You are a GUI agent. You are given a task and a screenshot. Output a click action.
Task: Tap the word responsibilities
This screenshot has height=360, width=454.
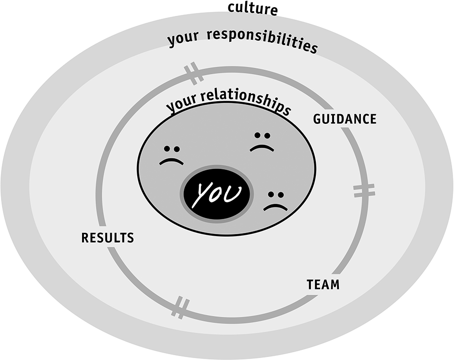(x=263, y=41)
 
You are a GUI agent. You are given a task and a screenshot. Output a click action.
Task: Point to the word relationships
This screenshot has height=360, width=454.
(x=245, y=102)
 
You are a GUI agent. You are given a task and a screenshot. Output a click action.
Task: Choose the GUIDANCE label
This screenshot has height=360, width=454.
(x=345, y=119)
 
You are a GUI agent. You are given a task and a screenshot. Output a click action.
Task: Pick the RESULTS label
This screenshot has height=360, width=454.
(x=108, y=238)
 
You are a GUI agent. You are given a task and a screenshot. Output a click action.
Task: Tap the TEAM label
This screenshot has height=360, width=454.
(x=323, y=285)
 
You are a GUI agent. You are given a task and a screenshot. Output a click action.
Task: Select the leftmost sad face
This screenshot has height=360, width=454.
(x=172, y=155)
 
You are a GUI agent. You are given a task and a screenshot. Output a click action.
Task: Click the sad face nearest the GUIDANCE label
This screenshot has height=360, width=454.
(x=262, y=142)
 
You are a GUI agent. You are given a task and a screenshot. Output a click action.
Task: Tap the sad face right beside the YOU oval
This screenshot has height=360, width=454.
(x=275, y=201)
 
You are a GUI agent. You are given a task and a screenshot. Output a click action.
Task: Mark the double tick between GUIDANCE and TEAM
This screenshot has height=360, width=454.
(x=364, y=191)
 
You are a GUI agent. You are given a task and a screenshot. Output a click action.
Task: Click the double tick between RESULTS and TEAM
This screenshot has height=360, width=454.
(x=180, y=307)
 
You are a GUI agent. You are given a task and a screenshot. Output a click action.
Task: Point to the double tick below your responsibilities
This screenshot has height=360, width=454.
(x=193, y=73)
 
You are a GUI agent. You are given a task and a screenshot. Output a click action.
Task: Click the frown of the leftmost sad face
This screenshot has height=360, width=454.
(x=172, y=162)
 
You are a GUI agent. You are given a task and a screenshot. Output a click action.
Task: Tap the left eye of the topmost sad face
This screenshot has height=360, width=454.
(x=257, y=135)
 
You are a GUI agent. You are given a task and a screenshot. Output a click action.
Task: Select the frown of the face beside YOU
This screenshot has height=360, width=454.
(x=275, y=207)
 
